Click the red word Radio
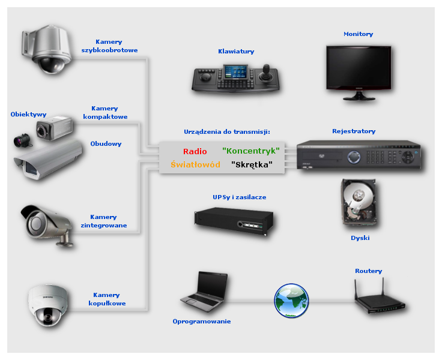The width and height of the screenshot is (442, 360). [195, 152]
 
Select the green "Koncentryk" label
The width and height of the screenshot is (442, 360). [250, 151]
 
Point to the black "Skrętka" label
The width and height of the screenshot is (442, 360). [252, 164]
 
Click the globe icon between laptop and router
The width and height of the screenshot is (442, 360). [291, 300]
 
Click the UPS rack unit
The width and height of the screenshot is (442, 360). [234, 218]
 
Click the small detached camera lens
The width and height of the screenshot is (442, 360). [22, 142]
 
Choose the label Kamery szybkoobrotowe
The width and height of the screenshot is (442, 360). [109, 46]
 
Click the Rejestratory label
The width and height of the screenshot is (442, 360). [354, 131]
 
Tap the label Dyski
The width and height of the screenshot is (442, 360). [360, 238]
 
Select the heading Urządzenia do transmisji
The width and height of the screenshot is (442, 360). [227, 131]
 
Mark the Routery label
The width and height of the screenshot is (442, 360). [368, 271]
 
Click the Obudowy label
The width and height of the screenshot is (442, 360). [106, 144]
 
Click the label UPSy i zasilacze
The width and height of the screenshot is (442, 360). [239, 197]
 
